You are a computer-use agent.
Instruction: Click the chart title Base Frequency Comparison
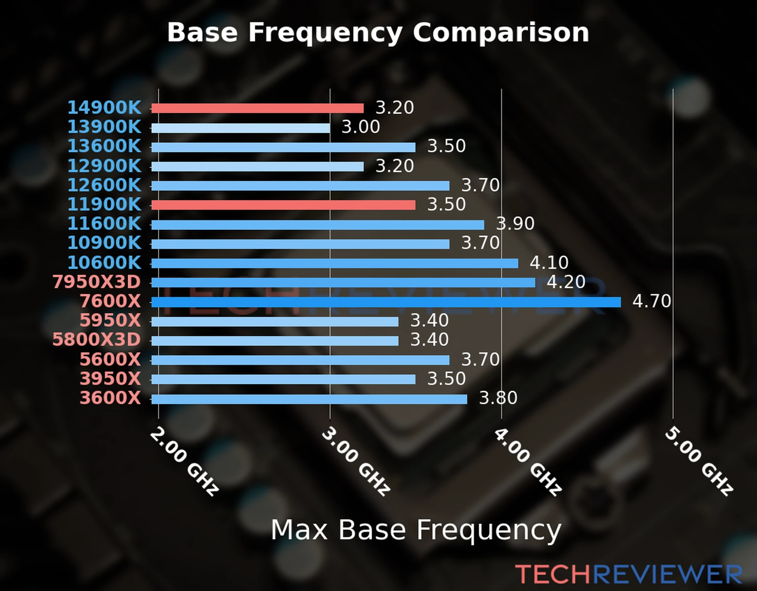378,33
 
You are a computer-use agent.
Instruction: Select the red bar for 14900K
257,108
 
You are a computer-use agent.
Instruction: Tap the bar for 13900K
241,128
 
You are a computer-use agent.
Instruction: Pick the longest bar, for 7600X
386,302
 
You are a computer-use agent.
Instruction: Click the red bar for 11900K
283,205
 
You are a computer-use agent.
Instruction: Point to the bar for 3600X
309,399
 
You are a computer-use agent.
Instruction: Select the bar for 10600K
335,263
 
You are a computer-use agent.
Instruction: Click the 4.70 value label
652,301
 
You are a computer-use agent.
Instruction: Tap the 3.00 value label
361,127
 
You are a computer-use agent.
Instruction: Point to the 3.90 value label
516,224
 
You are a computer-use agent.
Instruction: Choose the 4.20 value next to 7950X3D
566,282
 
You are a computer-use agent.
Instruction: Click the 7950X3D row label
97,282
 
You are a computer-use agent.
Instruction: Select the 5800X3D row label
97,340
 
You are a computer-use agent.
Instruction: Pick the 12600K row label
104,185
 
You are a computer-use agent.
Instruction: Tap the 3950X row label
110,379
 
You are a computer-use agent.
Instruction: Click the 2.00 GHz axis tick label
184,461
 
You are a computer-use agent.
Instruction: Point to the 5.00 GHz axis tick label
699,461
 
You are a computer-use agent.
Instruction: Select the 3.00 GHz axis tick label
356,461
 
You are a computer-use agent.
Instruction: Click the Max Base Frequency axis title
416,530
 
